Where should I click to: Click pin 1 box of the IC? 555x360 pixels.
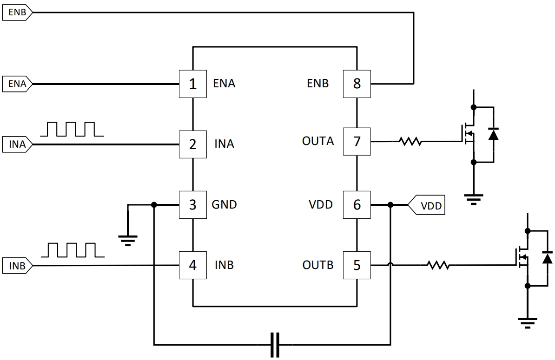[193, 84]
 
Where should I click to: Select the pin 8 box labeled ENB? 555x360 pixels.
[357, 84]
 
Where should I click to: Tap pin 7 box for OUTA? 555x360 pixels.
[357, 141]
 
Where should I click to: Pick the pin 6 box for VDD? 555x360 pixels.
[357, 204]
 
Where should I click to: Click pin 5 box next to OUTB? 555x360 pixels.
[357, 265]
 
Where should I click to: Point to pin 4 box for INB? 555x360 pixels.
[193, 265]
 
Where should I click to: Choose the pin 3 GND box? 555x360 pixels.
[193, 204]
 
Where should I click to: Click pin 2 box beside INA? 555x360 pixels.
[193, 144]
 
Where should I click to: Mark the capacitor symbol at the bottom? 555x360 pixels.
[275, 345]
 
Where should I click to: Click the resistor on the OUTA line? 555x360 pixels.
[410, 141]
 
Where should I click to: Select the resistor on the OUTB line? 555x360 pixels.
[438, 265]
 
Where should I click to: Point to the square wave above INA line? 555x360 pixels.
[72, 130]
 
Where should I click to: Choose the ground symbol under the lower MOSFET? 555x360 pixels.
[528, 321]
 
